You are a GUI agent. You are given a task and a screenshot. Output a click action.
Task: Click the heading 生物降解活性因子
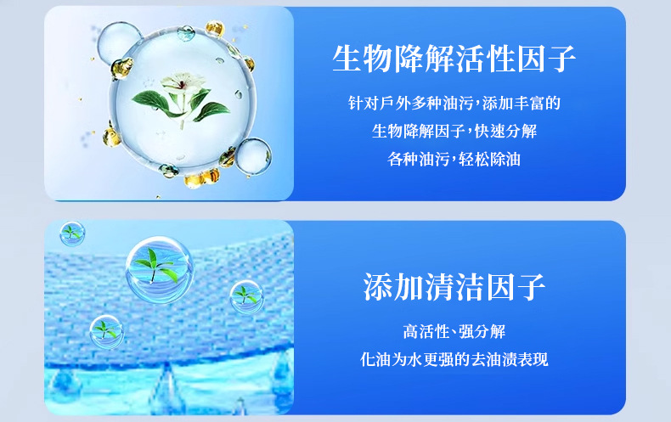coord(454,59)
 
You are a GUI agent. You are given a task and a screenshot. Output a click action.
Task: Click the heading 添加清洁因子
coord(454,287)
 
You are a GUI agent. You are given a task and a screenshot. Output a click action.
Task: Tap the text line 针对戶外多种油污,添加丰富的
coord(454,103)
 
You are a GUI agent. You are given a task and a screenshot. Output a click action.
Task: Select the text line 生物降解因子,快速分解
coord(454,131)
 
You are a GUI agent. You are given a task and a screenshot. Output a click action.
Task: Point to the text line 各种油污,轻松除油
coord(454,160)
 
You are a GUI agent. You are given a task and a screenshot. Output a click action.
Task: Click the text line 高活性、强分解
coord(454,331)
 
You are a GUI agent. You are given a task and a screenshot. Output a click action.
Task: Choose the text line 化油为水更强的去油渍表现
coord(454,359)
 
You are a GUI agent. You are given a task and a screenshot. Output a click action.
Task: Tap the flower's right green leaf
coord(211,110)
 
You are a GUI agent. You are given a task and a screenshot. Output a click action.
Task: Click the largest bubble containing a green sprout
coord(160,270)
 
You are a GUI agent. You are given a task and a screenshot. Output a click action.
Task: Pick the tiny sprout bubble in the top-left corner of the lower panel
coord(72,234)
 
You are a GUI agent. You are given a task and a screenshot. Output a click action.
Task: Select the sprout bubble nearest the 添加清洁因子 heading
coord(246,296)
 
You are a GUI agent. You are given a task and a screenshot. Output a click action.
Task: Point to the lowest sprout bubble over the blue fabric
coord(106,332)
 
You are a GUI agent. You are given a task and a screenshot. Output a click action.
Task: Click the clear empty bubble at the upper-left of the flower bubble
coord(118,42)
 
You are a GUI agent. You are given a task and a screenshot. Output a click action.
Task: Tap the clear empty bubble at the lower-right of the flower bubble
coord(253,156)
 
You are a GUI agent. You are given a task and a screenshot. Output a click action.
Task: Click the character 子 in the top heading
coord(561,59)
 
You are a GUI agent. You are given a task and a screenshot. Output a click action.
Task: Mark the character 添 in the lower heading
coord(377,287)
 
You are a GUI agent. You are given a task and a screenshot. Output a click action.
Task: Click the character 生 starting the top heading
coord(347,59)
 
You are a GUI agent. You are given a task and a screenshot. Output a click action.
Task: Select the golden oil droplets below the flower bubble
coord(202,178)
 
